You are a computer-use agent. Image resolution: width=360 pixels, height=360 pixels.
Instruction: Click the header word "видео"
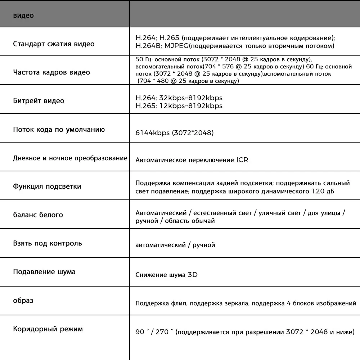pyautogui.click(x=23, y=16)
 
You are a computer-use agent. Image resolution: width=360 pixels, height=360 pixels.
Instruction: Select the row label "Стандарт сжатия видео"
pyautogui.click(x=54, y=44)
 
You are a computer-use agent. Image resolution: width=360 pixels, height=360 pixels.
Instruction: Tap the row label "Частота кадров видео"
pyautogui.click(x=51, y=72)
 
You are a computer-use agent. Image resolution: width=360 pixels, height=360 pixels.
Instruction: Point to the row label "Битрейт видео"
pyautogui.click(x=39, y=101)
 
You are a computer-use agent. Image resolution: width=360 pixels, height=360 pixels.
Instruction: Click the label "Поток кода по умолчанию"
pyautogui.click(x=59, y=130)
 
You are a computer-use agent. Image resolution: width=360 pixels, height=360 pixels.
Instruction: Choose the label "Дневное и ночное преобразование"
pyautogui.click(x=70, y=158)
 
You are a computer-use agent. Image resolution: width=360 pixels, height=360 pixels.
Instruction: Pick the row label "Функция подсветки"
pyautogui.click(x=47, y=186)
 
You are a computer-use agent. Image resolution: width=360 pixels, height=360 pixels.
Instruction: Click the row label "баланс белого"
pyautogui.click(x=38, y=215)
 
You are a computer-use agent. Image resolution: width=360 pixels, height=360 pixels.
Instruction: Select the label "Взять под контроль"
pyautogui.click(x=48, y=243)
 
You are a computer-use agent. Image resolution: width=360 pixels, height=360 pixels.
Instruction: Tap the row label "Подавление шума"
pyautogui.click(x=44, y=272)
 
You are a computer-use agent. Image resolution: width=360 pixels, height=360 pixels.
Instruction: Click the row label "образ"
pyautogui.click(x=23, y=300)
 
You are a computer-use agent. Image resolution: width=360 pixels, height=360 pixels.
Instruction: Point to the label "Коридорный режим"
pyautogui.click(x=48, y=329)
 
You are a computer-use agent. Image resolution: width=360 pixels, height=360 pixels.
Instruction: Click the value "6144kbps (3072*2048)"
pyautogui.click(x=175, y=133)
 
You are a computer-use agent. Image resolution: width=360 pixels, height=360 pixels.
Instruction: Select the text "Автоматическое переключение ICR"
pyautogui.click(x=192, y=159)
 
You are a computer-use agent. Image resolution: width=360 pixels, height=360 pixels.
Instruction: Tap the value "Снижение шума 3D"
pyautogui.click(x=167, y=275)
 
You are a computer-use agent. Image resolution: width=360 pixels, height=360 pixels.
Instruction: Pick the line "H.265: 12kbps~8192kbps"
pyautogui.click(x=179, y=106)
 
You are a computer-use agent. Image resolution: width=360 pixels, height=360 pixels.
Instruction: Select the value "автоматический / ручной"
pyautogui.click(x=175, y=245)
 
